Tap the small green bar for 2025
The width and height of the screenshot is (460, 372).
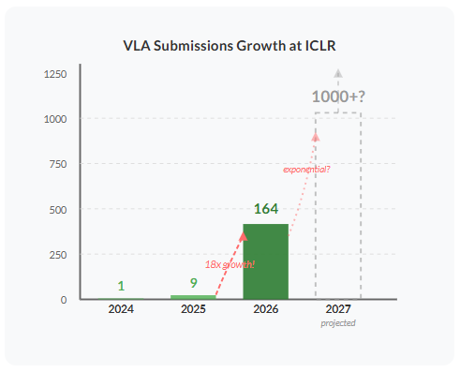click(x=193, y=297)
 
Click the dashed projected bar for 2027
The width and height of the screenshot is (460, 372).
click(x=338, y=206)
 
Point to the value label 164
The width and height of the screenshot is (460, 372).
click(x=267, y=209)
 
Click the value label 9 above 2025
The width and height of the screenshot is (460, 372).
click(x=193, y=282)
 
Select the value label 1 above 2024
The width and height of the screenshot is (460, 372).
click(x=121, y=286)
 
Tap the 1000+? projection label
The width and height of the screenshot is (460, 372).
click(x=338, y=97)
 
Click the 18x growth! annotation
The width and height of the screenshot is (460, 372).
click(x=230, y=264)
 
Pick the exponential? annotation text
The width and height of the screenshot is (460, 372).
click(x=306, y=170)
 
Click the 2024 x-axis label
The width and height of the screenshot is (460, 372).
click(x=121, y=309)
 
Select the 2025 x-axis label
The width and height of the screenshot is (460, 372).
click(x=193, y=309)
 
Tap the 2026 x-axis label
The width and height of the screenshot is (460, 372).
click(x=266, y=309)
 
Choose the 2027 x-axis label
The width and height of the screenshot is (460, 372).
click(x=338, y=309)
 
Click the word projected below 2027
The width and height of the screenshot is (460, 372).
click(x=338, y=322)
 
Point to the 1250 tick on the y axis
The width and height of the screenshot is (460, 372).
click(x=54, y=74)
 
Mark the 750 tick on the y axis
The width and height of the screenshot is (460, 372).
click(x=58, y=164)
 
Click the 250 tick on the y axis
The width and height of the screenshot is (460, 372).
click(x=58, y=254)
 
